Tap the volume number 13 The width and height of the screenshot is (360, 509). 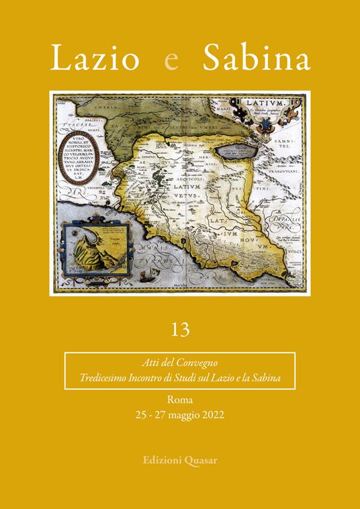179,330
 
